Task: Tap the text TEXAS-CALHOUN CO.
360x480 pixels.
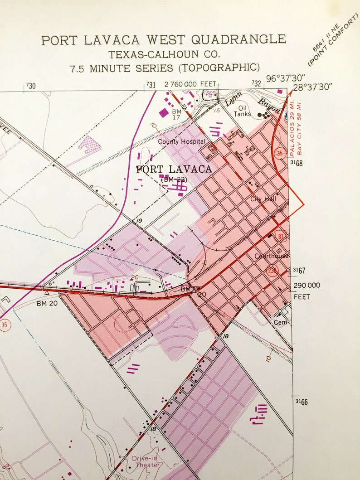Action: pos(164,54)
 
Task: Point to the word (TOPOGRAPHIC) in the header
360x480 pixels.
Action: pos(219,68)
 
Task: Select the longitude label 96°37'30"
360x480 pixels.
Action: pos(286,78)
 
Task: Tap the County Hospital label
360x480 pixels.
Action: pos(178,142)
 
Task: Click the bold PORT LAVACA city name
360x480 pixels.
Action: pos(174,170)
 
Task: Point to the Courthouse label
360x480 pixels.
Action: pos(272,256)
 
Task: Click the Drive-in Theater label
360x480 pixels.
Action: pos(146,461)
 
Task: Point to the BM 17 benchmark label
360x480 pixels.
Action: pos(176,114)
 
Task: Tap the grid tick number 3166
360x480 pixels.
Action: pos(302,402)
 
